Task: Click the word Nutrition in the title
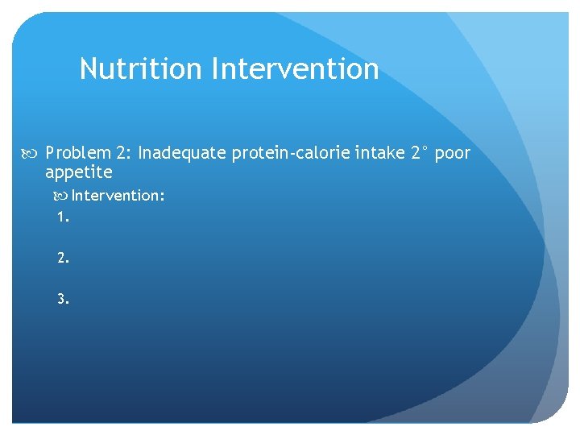pyautogui.click(x=141, y=68)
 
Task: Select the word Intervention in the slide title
pyautogui.click(x=295, y=68)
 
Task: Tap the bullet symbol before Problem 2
pyautogui.click(x=33, y=153)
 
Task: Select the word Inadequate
pyautogui.click(x=182, y=153)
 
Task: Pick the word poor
pyautogui.click(x=452, y=154)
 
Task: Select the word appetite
pyautogui.click(x=79, y=172)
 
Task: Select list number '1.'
pyautogui.click(x=63, y=217)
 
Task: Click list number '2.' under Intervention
pyautogui.click(x=63, y=258)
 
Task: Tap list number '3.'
pyautogui.click(x=63, y=299)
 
